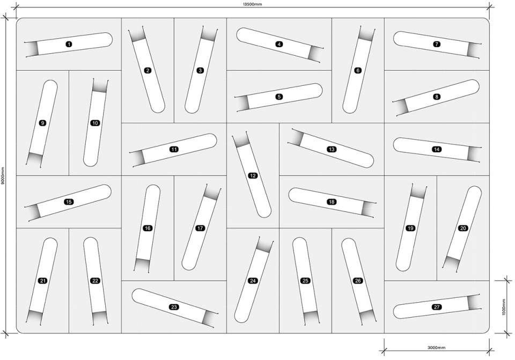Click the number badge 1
(69, 44)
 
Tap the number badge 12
(253, 176)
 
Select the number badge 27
(437, 307)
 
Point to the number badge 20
(463, 228)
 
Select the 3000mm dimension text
(437, 348)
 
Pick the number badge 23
(174, 307)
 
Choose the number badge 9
(42, 123)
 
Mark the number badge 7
(437, 44)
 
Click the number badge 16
(148, 228)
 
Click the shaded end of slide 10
(100, 86)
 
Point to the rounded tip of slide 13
(370, 162)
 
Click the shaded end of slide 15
(33, 212)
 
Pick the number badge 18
(332, 202)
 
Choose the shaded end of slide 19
(418, 192)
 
